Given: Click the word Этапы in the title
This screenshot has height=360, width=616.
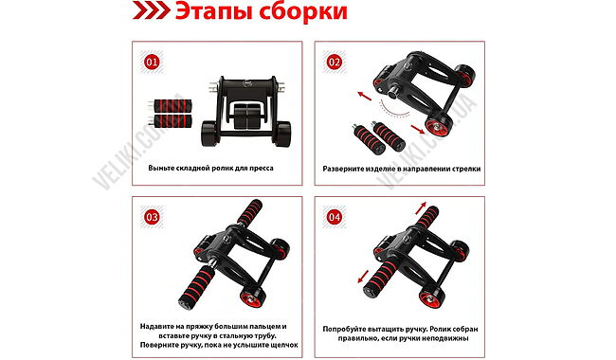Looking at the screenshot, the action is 213,11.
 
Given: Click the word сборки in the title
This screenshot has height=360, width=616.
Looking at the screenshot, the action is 303,11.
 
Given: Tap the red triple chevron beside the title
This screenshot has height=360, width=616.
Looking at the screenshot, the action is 152,10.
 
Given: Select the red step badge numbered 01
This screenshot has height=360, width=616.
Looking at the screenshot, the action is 152,62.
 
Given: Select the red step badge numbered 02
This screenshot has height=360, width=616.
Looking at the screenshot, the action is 334,62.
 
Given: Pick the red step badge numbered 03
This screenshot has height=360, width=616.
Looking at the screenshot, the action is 152,217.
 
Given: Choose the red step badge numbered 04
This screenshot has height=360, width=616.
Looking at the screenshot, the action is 335,217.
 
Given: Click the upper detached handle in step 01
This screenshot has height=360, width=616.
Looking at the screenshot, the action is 171,106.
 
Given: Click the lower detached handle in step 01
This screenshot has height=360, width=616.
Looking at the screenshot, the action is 171,121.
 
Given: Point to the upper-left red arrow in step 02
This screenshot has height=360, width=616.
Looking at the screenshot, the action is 364,96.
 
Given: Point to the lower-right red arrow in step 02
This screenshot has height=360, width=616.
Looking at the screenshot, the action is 418,129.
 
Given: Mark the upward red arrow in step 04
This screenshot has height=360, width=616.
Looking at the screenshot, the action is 421,208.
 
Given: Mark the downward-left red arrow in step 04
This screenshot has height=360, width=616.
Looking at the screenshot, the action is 363,277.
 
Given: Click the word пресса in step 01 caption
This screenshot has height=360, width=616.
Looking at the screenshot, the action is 262,168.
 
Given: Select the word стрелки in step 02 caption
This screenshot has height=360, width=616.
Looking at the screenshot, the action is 466,169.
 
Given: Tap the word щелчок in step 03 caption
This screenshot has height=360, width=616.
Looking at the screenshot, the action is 282,345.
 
